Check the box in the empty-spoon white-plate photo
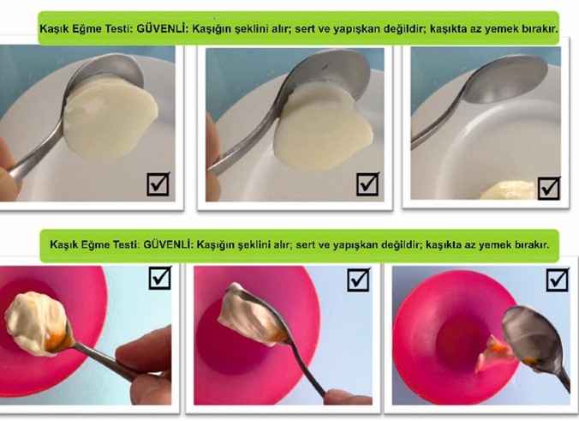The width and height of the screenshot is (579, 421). [x=549, y=188]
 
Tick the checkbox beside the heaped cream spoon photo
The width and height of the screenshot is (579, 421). [x=160, y=278]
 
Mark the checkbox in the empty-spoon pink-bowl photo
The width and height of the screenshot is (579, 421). [x=558, y=280]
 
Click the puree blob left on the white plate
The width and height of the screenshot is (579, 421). [x=508, y=190]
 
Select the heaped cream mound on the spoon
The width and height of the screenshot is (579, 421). [x=36, y=322]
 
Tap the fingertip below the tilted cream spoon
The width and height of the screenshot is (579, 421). [x=348, y=397]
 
